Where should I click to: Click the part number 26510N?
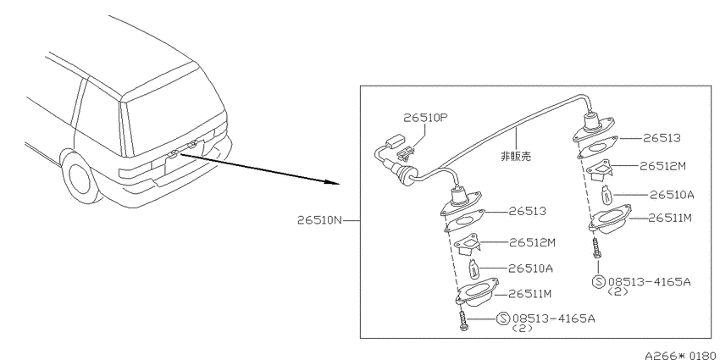point(320,220)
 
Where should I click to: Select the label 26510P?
point(425,118)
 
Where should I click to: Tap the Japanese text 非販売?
point(516,156)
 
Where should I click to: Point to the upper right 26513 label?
point(662,138)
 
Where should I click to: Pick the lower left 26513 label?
point(528,211)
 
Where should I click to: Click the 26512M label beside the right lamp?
point(662,166)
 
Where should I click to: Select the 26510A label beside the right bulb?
point(672,195)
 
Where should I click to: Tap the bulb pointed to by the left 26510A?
point(473,269)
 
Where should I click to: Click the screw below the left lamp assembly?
point(462,321)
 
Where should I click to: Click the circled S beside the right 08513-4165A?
point(599,281)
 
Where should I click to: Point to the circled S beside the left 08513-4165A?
point(503,318)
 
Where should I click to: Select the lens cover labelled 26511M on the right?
point(611,219)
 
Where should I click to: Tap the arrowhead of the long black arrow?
point(332,182)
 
